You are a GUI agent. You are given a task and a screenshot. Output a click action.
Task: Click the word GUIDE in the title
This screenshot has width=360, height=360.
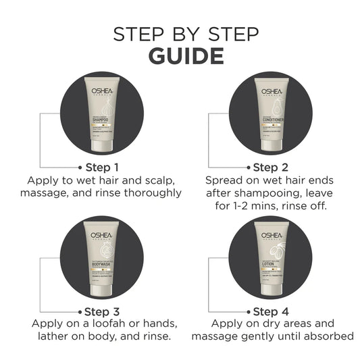[x=179, y=55]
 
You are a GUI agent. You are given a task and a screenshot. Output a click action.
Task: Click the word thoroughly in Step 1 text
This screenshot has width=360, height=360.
[x=151, y=193]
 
